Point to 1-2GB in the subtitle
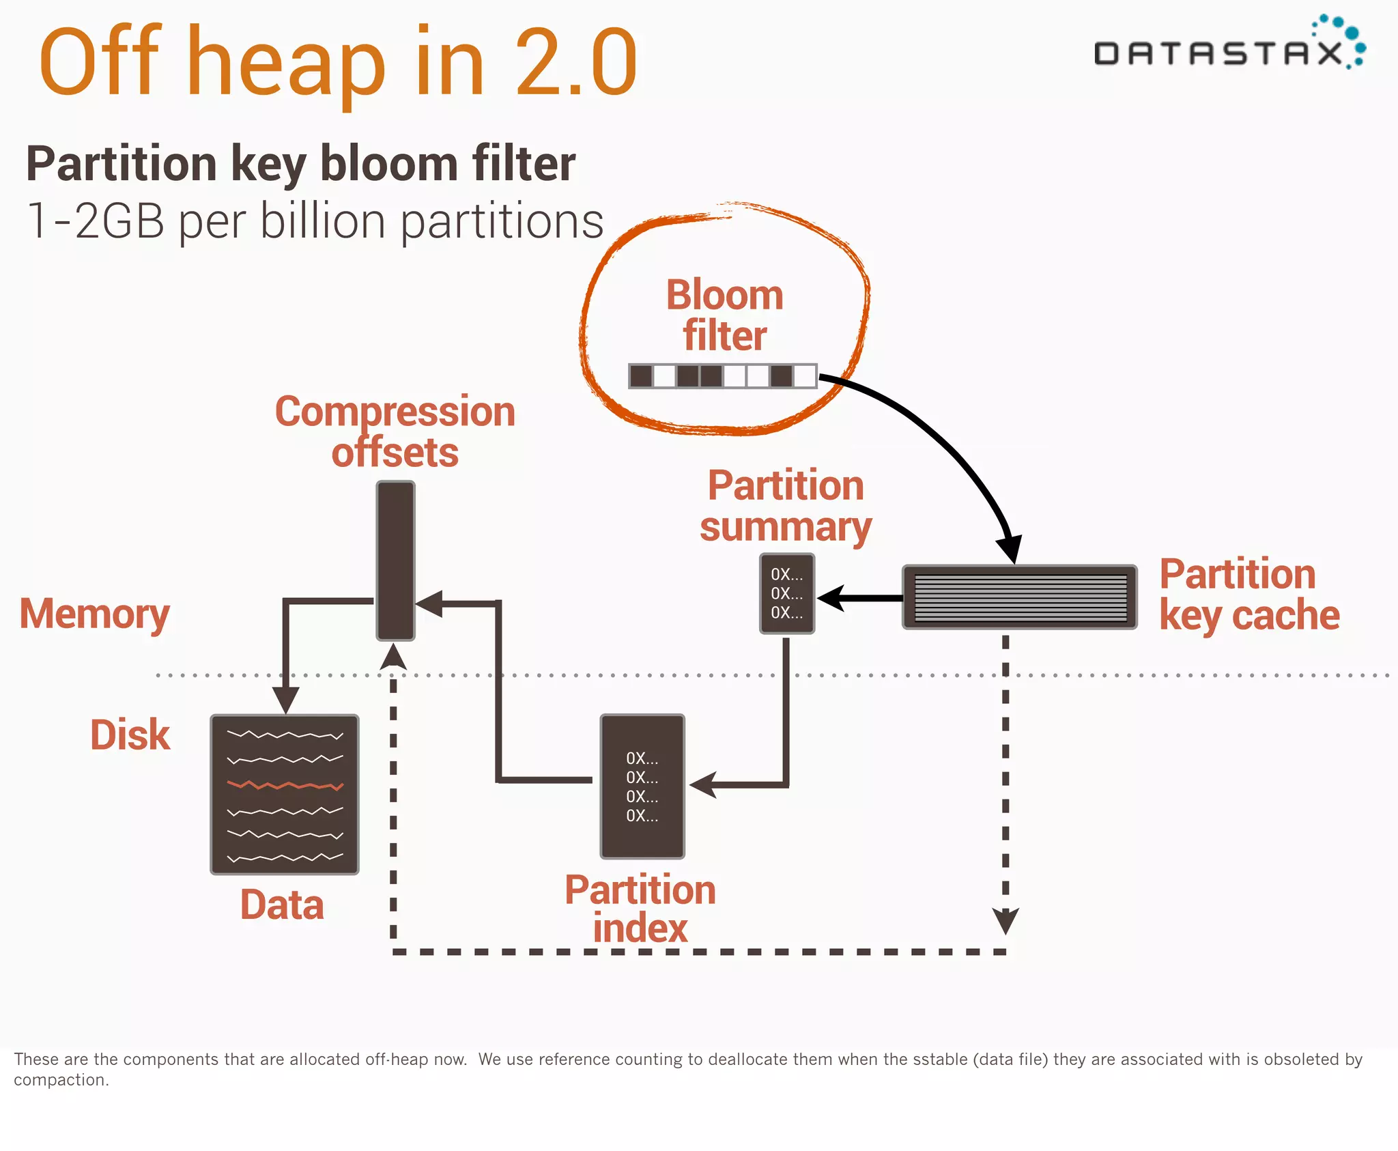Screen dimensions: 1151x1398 pos(96,221)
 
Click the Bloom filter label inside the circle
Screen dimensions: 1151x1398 pos(724,315)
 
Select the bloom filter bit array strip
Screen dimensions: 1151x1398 pos(722,376)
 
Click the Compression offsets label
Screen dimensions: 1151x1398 pos(395,431)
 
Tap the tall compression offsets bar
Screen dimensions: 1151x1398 pos(395,560)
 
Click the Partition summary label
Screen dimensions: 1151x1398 pos(785,506)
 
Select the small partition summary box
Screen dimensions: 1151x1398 pos(787,593)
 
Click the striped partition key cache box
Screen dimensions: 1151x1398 pos(1019,597)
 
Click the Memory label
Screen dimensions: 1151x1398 pos(94,614)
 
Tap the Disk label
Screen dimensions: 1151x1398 pos(130,735)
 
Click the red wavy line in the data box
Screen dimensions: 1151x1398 pos(285,785)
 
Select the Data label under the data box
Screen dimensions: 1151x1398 pos(281,905)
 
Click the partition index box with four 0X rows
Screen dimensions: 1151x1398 pos(642,786)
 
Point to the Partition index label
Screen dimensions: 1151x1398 pos(640,909)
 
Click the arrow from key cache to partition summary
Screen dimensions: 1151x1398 pos(860,598)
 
